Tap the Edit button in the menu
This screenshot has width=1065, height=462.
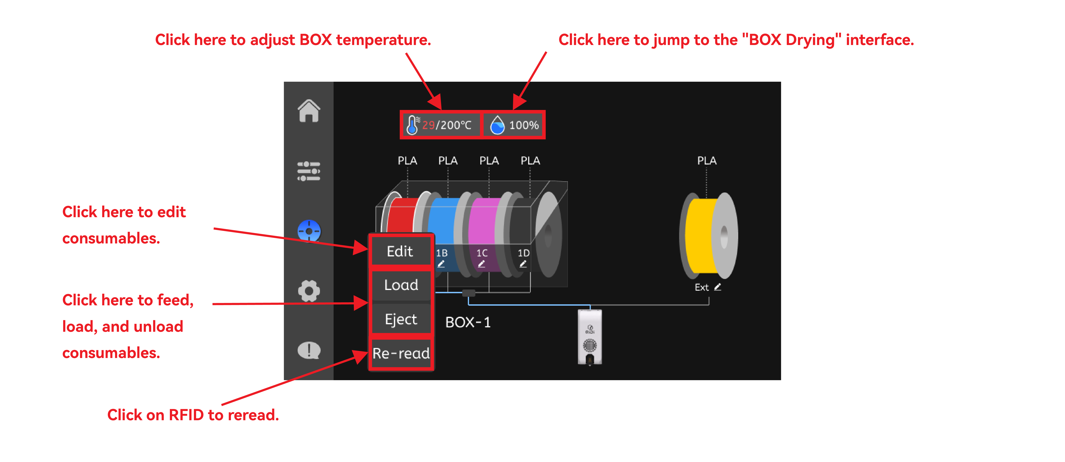400,251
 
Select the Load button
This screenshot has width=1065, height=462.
401,285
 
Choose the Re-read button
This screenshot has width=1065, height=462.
401,353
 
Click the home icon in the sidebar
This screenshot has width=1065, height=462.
309,111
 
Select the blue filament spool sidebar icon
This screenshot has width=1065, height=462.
309,231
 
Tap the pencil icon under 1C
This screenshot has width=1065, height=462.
482,263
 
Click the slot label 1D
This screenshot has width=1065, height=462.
523,253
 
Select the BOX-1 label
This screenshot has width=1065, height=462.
468,322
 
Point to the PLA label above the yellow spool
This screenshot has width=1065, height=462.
707,160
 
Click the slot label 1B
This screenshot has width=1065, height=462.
442,253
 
